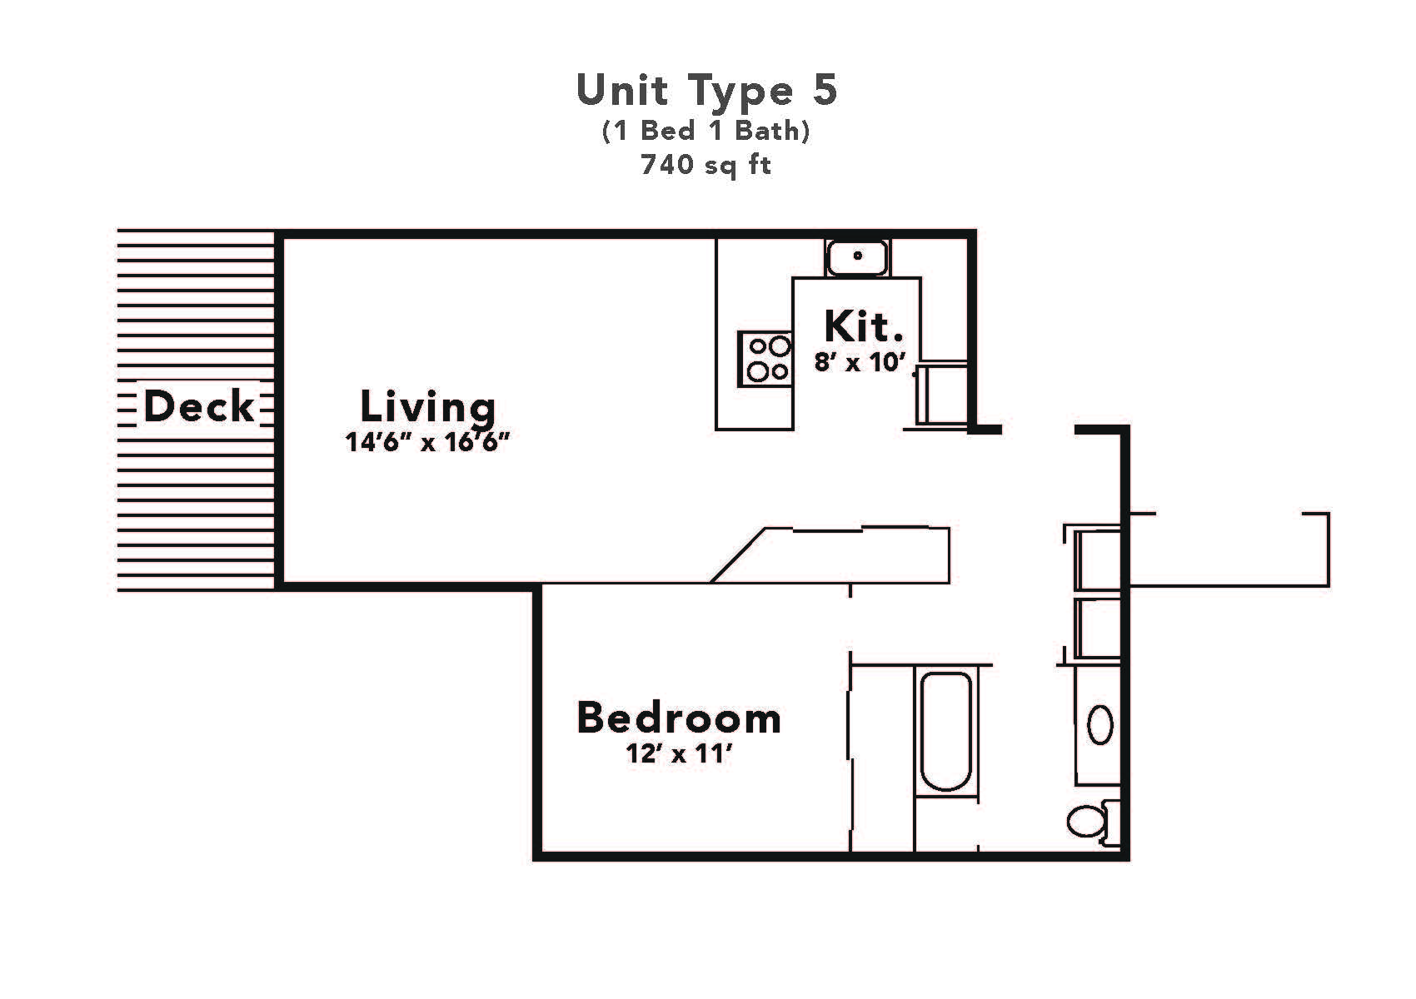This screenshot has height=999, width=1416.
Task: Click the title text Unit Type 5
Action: click(x=706, y=90)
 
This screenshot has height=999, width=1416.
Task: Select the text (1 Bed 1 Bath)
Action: click(x=706, y=132)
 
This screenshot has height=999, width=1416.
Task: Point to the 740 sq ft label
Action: click(x=706, y=165)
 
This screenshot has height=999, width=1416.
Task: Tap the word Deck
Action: click(x=198, y=407)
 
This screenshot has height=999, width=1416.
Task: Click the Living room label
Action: click(x=427, y=406)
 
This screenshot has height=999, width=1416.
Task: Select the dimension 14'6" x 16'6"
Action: click(x=427, y=442)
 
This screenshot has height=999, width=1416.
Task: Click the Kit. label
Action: click(x=864, y=326)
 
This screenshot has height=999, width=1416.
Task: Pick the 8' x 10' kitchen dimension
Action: click(x=860, y=363)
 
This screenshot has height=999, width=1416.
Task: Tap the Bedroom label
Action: click(x=679, y=718)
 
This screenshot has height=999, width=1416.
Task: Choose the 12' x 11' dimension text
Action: click(x=679, y=754)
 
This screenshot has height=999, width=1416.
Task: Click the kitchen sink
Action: click(x=857, y=256)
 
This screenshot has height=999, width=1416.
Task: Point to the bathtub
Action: click(x=945, y=731)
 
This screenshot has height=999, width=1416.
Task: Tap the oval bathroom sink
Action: click(x=1100, y=724)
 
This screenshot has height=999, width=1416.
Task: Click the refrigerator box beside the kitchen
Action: click(x=942, y=393)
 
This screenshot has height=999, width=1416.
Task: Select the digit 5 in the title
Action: click(x=824, y=90)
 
